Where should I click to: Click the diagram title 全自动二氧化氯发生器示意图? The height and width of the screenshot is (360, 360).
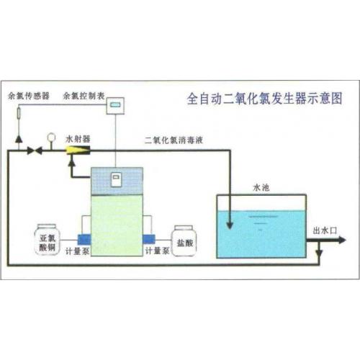point(264,99)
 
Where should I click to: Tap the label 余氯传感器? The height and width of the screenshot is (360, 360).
point(29,96)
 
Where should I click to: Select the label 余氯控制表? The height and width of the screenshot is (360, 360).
point(84,96)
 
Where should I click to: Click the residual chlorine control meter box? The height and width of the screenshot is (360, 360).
point(115,106)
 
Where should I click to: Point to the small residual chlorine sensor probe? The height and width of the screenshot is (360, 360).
point(19,114)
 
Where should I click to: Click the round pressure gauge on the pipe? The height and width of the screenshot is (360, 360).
point(51,138)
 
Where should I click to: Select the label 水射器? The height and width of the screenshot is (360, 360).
point(78,139)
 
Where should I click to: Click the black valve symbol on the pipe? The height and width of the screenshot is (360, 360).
point(35,150)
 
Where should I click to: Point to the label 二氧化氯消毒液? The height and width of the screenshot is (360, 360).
point(174,140)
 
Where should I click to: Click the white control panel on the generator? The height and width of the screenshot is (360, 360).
point(116,179)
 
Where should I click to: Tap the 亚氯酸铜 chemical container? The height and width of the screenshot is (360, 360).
point(47,240)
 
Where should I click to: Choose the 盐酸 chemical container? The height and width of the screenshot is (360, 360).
point(184,240)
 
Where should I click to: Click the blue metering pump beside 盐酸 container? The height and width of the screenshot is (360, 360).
point(149,239)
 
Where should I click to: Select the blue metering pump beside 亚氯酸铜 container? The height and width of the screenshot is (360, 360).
point(84,240)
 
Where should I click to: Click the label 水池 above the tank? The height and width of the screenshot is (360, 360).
point(261,188)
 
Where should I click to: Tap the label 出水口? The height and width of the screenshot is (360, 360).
point(325,231)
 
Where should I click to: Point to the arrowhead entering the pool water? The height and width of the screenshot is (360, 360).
point(230,225)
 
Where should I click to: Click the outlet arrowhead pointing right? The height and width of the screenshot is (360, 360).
point(342,240)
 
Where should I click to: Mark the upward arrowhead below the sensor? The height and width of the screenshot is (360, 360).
point(19,139)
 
